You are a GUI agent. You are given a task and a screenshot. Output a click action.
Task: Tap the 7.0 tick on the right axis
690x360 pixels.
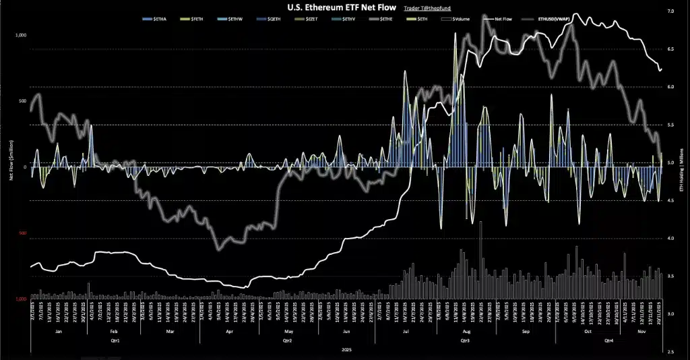pos(670,11)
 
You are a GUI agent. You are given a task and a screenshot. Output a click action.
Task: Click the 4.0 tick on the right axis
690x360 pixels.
pos(670,239)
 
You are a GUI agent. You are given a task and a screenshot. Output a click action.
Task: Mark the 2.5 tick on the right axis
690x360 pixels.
pos(670,352)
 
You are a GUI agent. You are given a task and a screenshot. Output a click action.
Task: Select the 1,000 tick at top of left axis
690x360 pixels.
pos(20,34)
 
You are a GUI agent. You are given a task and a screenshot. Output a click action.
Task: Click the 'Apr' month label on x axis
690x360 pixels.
pos(229,332)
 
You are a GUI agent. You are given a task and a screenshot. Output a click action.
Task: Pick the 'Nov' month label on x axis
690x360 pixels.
pos(641,332)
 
